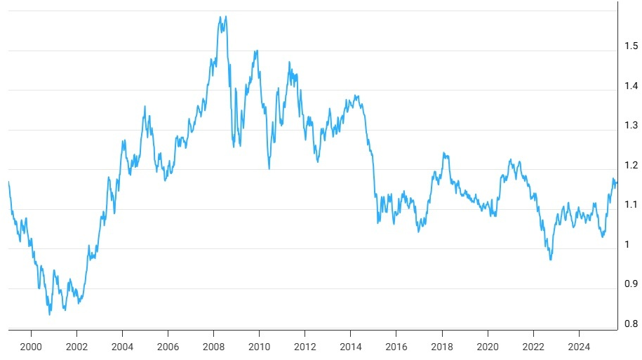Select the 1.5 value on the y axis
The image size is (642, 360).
tap(631, 46)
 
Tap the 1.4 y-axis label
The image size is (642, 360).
tap(631, 86)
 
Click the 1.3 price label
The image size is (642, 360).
tap(631, 126)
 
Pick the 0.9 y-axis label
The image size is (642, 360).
tap(631, 284)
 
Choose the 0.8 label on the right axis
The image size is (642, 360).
tap(631, 324)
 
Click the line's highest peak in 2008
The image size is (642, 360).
tap(225, 16)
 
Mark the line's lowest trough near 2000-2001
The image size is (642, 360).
tap(49, 314)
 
